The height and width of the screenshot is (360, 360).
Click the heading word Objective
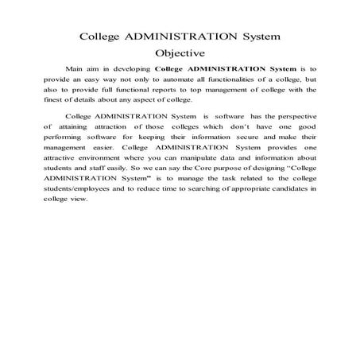click(180, 54)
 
